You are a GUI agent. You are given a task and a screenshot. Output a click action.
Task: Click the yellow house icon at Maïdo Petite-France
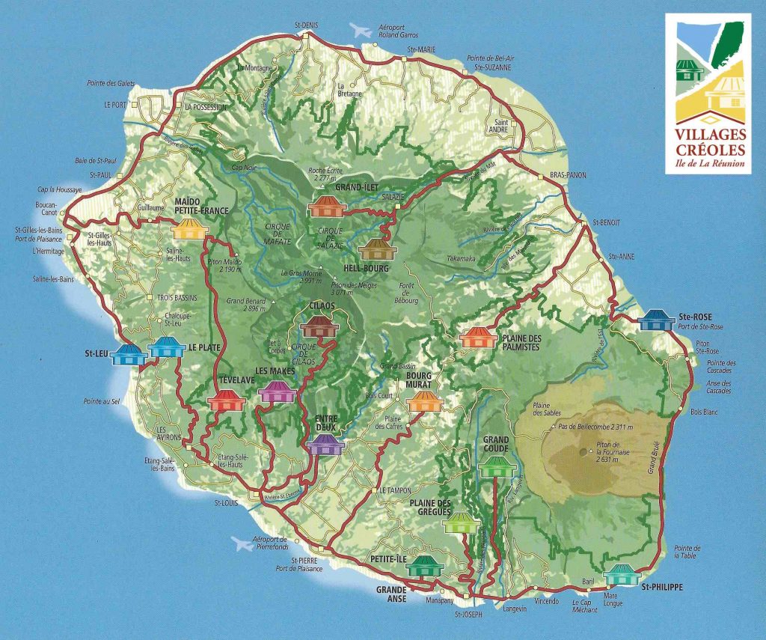pyautogui.click(x=189, y=228)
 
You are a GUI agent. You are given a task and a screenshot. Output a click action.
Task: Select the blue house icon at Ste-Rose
pyautogui.click(x=658, y=320)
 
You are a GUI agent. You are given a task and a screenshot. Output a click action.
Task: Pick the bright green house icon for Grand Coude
pyautogui.click(x=494, y=466)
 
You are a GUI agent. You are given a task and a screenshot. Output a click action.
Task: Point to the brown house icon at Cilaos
pyautogui.click(x=319, y=326)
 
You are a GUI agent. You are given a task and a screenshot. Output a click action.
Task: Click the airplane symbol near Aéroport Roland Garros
pyautogui.click(x=361, y=31)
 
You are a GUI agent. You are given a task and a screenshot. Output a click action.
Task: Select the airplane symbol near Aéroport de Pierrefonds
pyautogui.click(x=242, y=542)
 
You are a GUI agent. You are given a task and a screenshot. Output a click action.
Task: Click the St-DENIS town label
pyautogui.click(x=307, y=25)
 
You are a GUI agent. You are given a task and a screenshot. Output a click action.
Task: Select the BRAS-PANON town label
pyautogui.click(x=569, y=175)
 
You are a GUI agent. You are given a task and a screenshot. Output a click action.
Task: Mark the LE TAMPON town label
pyautogui.click(x=390, y=490)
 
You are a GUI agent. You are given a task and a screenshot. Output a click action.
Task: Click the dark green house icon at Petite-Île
pyautogui.click(x=425, y=567)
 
